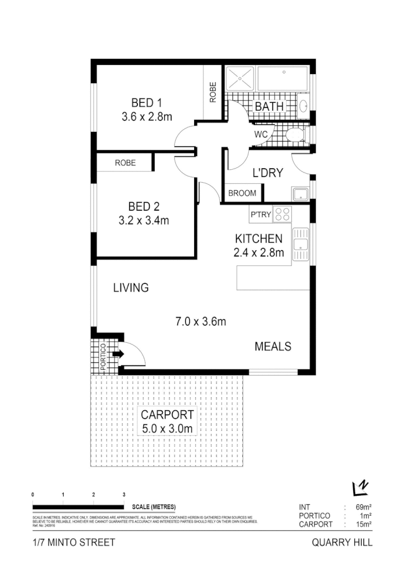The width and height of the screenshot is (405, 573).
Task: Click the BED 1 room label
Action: click(x=147, y=103)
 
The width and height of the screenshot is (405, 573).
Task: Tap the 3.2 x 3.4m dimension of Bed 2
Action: click(x=143, y=221)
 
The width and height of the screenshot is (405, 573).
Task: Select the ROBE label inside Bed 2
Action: click(x=125, y=163)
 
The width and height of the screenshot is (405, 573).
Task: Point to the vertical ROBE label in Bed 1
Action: click(x=213, y=92)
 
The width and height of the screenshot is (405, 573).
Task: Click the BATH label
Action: click(x=269, y=106)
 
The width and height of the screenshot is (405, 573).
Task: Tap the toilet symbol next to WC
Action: click(x=295, y=135)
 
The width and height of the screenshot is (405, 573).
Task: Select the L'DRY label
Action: click(x=268, y=174)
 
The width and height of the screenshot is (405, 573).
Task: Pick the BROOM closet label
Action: click(x=242, y=194)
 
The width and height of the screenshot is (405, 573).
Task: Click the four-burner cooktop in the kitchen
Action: click(x=282, y=214)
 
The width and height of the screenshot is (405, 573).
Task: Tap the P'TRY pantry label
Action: click(x=260, y=215)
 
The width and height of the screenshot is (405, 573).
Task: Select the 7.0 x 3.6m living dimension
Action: click(x=200, y=322)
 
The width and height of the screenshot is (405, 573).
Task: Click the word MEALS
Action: click(x=273, y=347)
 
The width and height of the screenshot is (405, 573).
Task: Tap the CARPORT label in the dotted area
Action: click(x=167, y=415)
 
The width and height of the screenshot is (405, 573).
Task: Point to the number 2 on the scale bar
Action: click(x=94, y=495)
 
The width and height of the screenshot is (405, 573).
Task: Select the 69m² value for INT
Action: click(x=363, y=507)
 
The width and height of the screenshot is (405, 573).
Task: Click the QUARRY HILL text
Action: click(x=342, y=543)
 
